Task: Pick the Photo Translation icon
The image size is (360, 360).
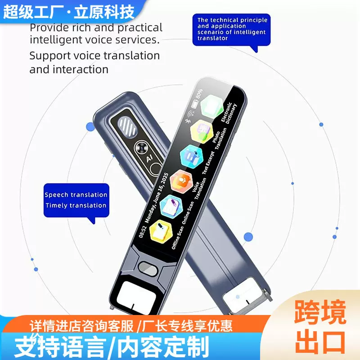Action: click(201, 131)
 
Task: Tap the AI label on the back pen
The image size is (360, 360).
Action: click(148, 159)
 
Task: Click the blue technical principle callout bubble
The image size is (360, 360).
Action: click(232, 29)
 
